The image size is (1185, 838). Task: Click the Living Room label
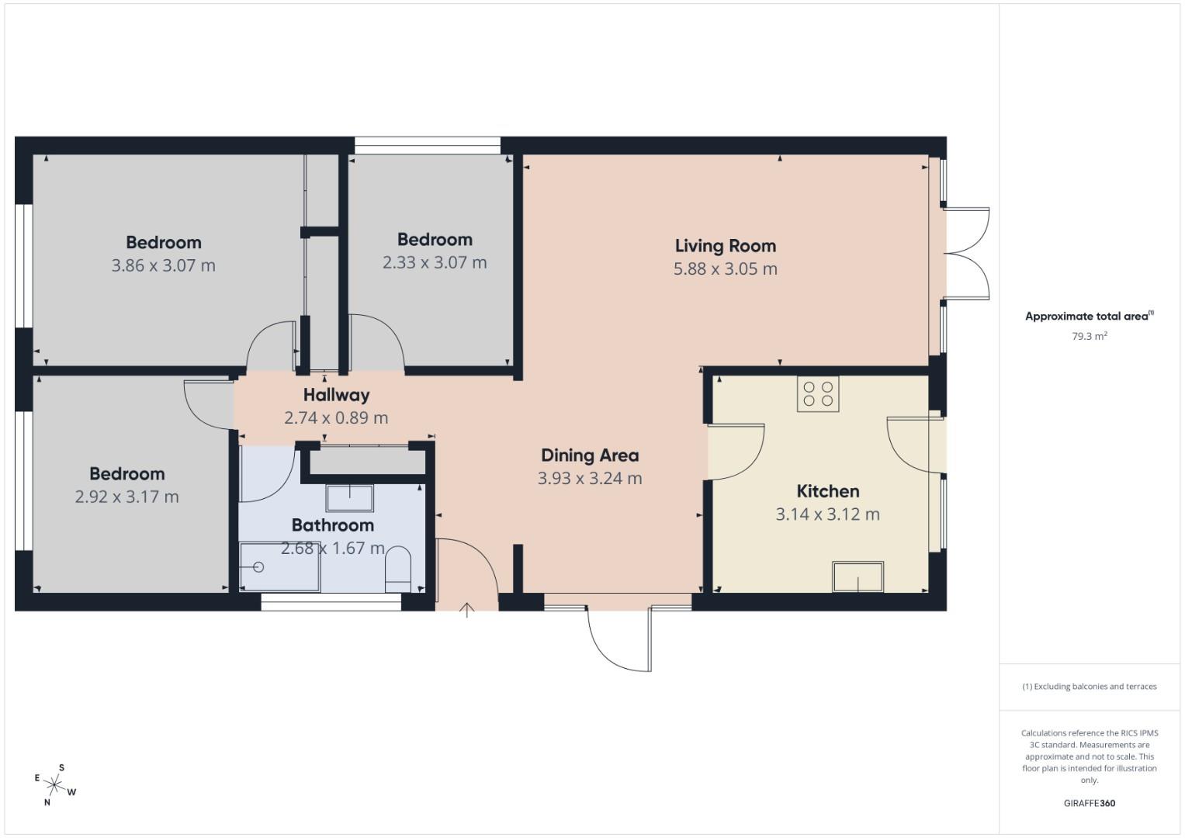point(725,246)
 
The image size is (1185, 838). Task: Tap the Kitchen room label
point(827,491)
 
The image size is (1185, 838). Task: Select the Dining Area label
point(590,455)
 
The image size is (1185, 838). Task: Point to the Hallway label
point(336,395)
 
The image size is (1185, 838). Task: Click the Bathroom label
point(332,525)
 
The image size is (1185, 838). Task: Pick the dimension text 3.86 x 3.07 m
point(164,265)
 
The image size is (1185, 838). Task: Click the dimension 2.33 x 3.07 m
point(435,262)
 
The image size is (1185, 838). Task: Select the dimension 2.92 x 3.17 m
point(126,497)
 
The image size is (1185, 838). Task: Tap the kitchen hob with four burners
point(818,393)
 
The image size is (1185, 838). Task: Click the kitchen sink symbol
point(858,577)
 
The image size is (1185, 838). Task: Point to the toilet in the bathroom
point(398,568)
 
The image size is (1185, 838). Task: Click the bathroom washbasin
point(349,497)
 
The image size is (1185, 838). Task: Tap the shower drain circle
point(258,567)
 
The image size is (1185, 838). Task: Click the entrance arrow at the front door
point(466,610)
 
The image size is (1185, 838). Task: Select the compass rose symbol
point(54,784)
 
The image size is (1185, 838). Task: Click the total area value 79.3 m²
point(1089,337)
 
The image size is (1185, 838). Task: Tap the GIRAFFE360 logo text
point(1089,803)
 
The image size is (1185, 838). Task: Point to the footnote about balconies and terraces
point(1089,687)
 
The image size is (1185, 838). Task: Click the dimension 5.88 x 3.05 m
point(725,269)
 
